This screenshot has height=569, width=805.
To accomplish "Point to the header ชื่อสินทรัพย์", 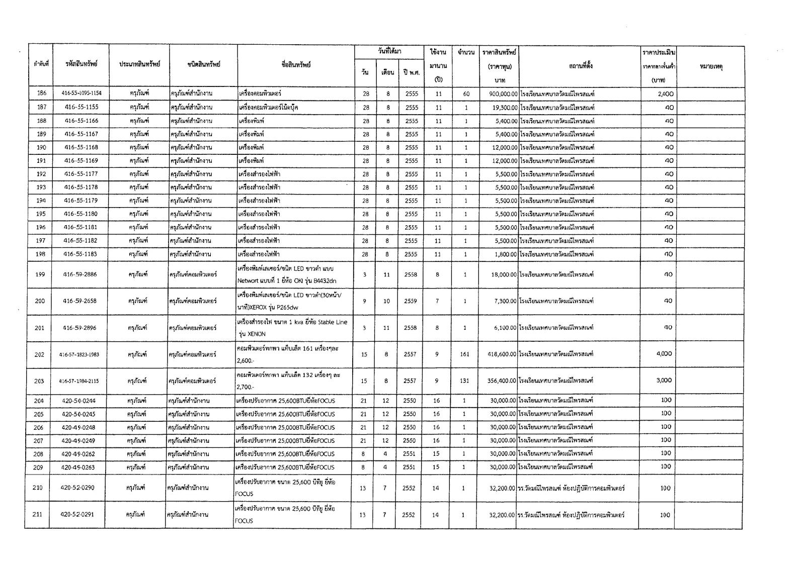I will pos(296,64).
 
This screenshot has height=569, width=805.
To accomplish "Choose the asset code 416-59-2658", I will pos(80,301).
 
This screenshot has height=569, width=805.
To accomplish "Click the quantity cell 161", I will pos(464,354).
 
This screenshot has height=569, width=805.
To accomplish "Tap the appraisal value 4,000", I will pos(664,354).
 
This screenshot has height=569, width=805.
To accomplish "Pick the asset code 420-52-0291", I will pos(77,515).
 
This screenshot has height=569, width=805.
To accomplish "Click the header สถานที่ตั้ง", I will pos(578,66).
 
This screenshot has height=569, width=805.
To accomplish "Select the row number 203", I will pos(39,381).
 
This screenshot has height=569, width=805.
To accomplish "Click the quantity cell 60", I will pos(466,94).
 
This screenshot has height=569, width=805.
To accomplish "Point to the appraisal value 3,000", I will pos(664,381).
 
